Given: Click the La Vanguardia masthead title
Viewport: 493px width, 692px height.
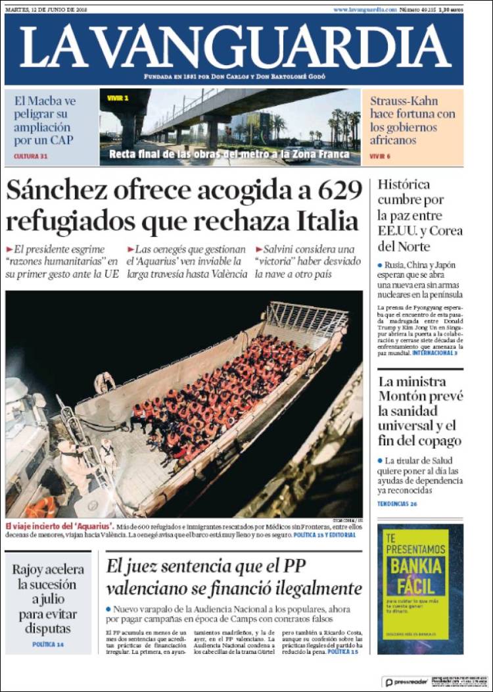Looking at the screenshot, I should tap(235, 49).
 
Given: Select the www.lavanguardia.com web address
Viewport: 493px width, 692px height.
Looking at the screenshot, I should tap(365, 10).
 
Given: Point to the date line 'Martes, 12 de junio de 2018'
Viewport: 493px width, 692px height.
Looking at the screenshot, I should tap(45, 10).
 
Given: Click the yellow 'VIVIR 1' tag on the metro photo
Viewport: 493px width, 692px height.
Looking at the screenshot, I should tap(118, 98).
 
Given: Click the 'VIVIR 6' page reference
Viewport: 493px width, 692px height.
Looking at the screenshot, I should tap(380, 157).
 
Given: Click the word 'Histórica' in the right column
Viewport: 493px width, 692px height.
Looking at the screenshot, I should tap(404, 184).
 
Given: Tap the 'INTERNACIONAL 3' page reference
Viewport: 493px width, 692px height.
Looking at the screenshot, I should tap(434, 353).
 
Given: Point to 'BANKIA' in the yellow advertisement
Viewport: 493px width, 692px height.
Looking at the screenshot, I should tap(412, 566).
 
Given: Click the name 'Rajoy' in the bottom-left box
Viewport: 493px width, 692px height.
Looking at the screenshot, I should tap(30, 570).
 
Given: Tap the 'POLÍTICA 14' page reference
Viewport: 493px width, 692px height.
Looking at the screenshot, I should tap(48, 644).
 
